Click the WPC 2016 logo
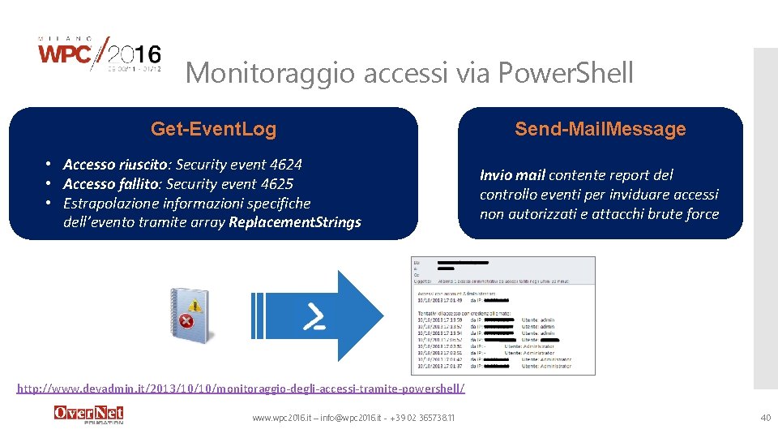[x=100, y=55]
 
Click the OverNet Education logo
[x=88, y=414]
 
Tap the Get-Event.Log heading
[x=213, y=129]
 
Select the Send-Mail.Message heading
[x=601, y=129]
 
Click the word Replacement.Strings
[x=295, y=222]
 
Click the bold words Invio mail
[x=512, y=175]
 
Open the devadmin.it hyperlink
[x=242, y=389]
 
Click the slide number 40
[x=765, y=418]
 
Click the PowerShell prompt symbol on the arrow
[x=314, y=317]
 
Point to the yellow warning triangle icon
[x=194, y=306]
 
